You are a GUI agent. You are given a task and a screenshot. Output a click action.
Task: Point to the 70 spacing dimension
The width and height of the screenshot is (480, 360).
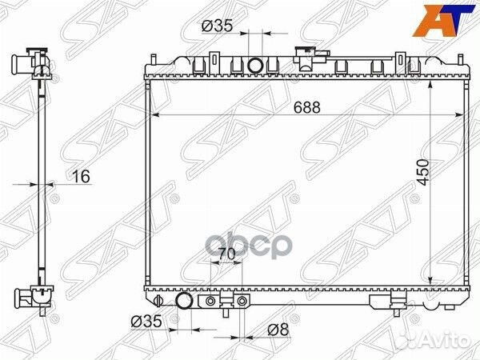pyautogui.click(x=226, y=254)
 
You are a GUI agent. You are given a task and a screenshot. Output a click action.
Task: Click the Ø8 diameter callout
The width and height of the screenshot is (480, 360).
pyautogui.click(x=276, y=329)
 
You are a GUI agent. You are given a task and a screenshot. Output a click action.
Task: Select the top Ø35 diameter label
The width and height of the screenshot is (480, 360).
pyautogui.click(x=218, y=26)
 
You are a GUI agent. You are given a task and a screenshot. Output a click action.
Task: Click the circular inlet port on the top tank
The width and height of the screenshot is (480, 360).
pyautogui.click(x=256, y=65)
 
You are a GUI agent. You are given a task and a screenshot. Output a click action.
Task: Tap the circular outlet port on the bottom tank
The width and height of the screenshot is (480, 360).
pyautogui.click(x=184, y=302)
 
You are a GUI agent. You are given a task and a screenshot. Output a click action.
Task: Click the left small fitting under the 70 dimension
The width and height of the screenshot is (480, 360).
pyautogui.click(x=211, y=302)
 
